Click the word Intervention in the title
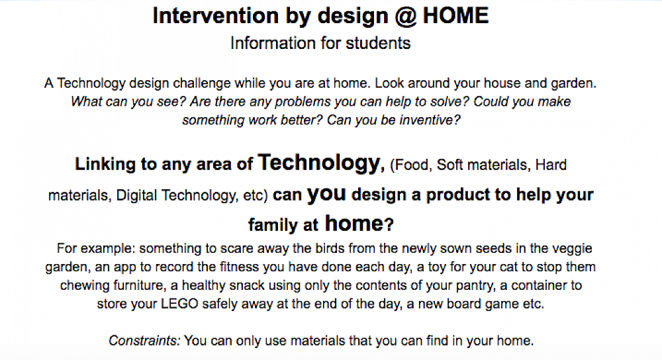pyautogui.click(x=216, y=16)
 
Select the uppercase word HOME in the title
pyautogui.click(x=455, y=16)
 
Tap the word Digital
pyautogui.click(x=137, y=195)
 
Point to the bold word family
pyautogui.click(x=273, y=224)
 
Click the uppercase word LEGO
pyautogui.click(x=179, y=304)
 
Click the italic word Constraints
pyautogui.click(x=144, y=341)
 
